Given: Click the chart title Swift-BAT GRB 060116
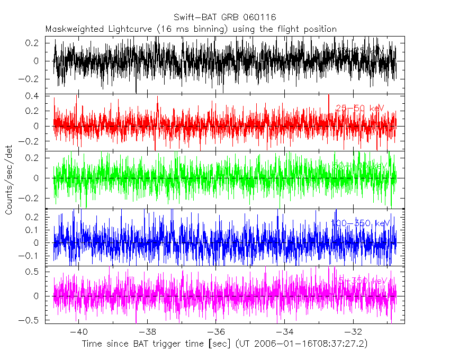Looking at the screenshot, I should (224, 18).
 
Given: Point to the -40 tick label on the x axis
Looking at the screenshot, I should (78, 332).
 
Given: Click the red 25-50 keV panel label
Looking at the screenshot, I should (360, 109).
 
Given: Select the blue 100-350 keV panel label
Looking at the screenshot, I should (360, 223).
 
